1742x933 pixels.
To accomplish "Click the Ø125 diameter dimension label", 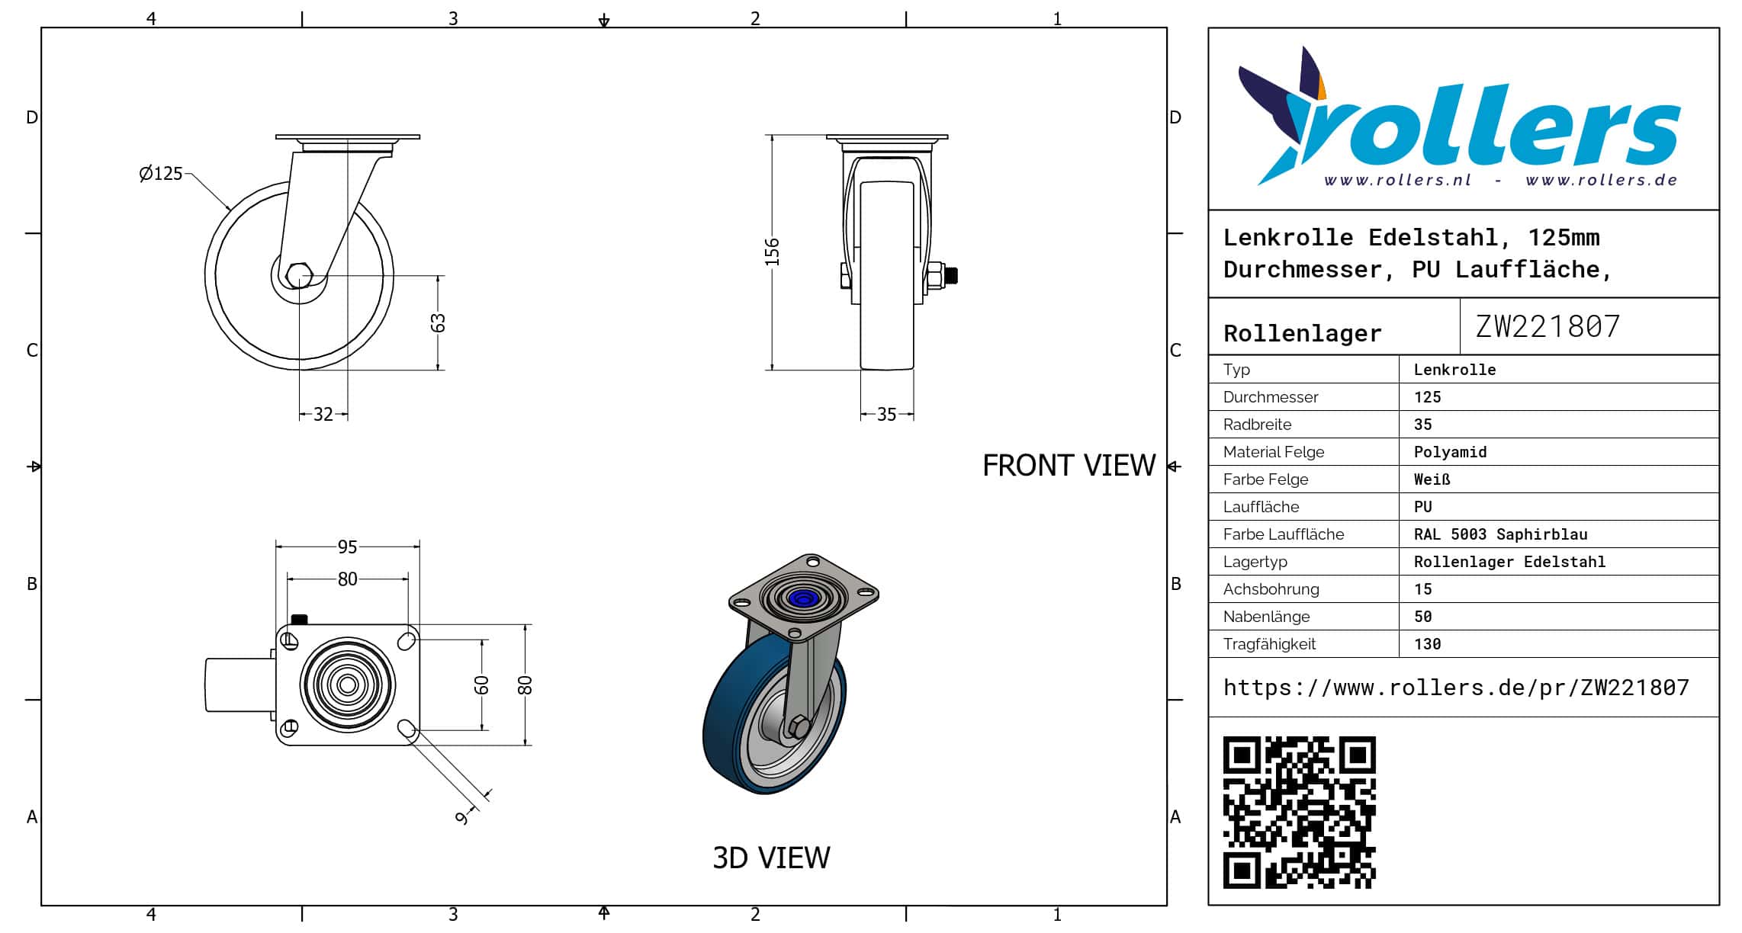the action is click(x=161, y=174).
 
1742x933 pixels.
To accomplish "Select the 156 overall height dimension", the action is click(x=773, y=252).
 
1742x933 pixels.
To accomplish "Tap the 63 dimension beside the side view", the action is click(x=438, y=323).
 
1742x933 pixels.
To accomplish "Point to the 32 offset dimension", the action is click(x=323, y=414).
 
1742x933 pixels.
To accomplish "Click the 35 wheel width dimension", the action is click(x=886, y=414).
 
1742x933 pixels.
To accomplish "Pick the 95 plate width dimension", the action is click(x=347, y=547).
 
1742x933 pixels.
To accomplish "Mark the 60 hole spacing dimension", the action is click(x=481, y=685).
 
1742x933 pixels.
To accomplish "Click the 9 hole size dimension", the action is click(x=461, y=818).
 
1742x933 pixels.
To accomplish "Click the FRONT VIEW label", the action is click(x=1069, y=466).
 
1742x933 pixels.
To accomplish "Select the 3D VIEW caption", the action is click(x=771, y=858).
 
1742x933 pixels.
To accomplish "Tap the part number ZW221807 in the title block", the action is click(x=1548, y=326).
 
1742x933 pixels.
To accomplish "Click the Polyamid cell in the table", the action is click(x=1450, y=452).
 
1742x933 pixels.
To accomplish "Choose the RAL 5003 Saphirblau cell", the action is click(x=1500, y=534).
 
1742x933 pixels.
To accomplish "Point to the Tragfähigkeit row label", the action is click(x=1269, y=644).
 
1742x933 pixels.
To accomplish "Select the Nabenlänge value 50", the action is click(x=1422, y=617).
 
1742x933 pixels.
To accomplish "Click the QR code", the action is click(x=1299, y=812).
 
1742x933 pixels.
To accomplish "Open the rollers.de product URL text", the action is click(x=1456, y=688).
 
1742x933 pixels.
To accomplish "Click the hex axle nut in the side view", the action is click(x=299, y=275).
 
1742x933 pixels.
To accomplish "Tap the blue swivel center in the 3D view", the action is click(x=802, y=598).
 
